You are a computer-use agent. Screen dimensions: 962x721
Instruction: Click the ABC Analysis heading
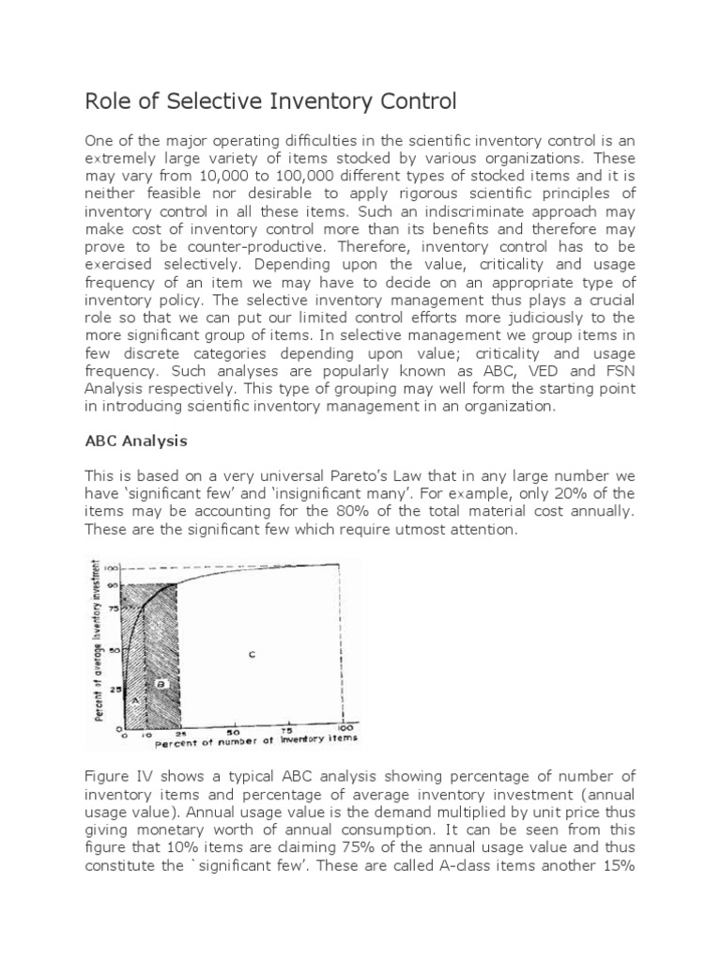click(136, 440)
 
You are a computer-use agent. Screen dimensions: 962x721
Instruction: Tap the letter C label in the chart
click(253, 654)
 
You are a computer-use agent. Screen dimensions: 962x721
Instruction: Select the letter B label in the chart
click(161, 684)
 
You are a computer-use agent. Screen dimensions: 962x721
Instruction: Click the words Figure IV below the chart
click(115, 775)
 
